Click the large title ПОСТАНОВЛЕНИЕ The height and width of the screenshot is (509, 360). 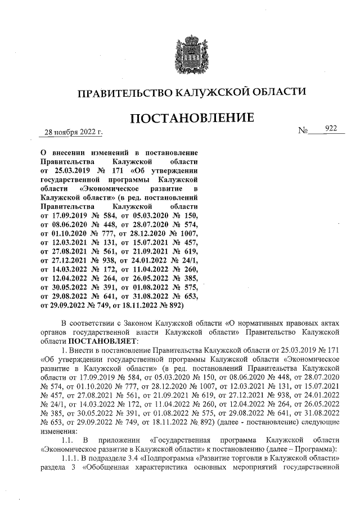pyautogui.click(x=191, y=119)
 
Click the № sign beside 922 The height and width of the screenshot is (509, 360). pyautogui.click(x=304, y=130)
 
